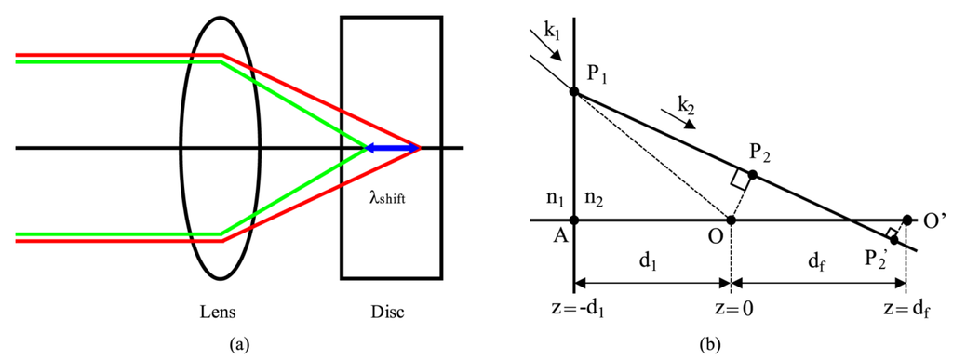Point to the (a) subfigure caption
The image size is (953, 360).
pos(241,344)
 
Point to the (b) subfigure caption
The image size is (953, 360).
pos(710,344)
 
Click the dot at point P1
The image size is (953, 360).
pos(574,92)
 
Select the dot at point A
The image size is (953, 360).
pos(574,220)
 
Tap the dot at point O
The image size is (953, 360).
pos(731,220)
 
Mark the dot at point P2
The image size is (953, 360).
pos(752,174)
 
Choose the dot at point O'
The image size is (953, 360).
pos(907,220)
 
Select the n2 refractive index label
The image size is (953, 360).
pos(593,198)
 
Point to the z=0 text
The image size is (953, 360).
pos(731,310)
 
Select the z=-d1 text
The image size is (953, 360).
pos(574,310)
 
